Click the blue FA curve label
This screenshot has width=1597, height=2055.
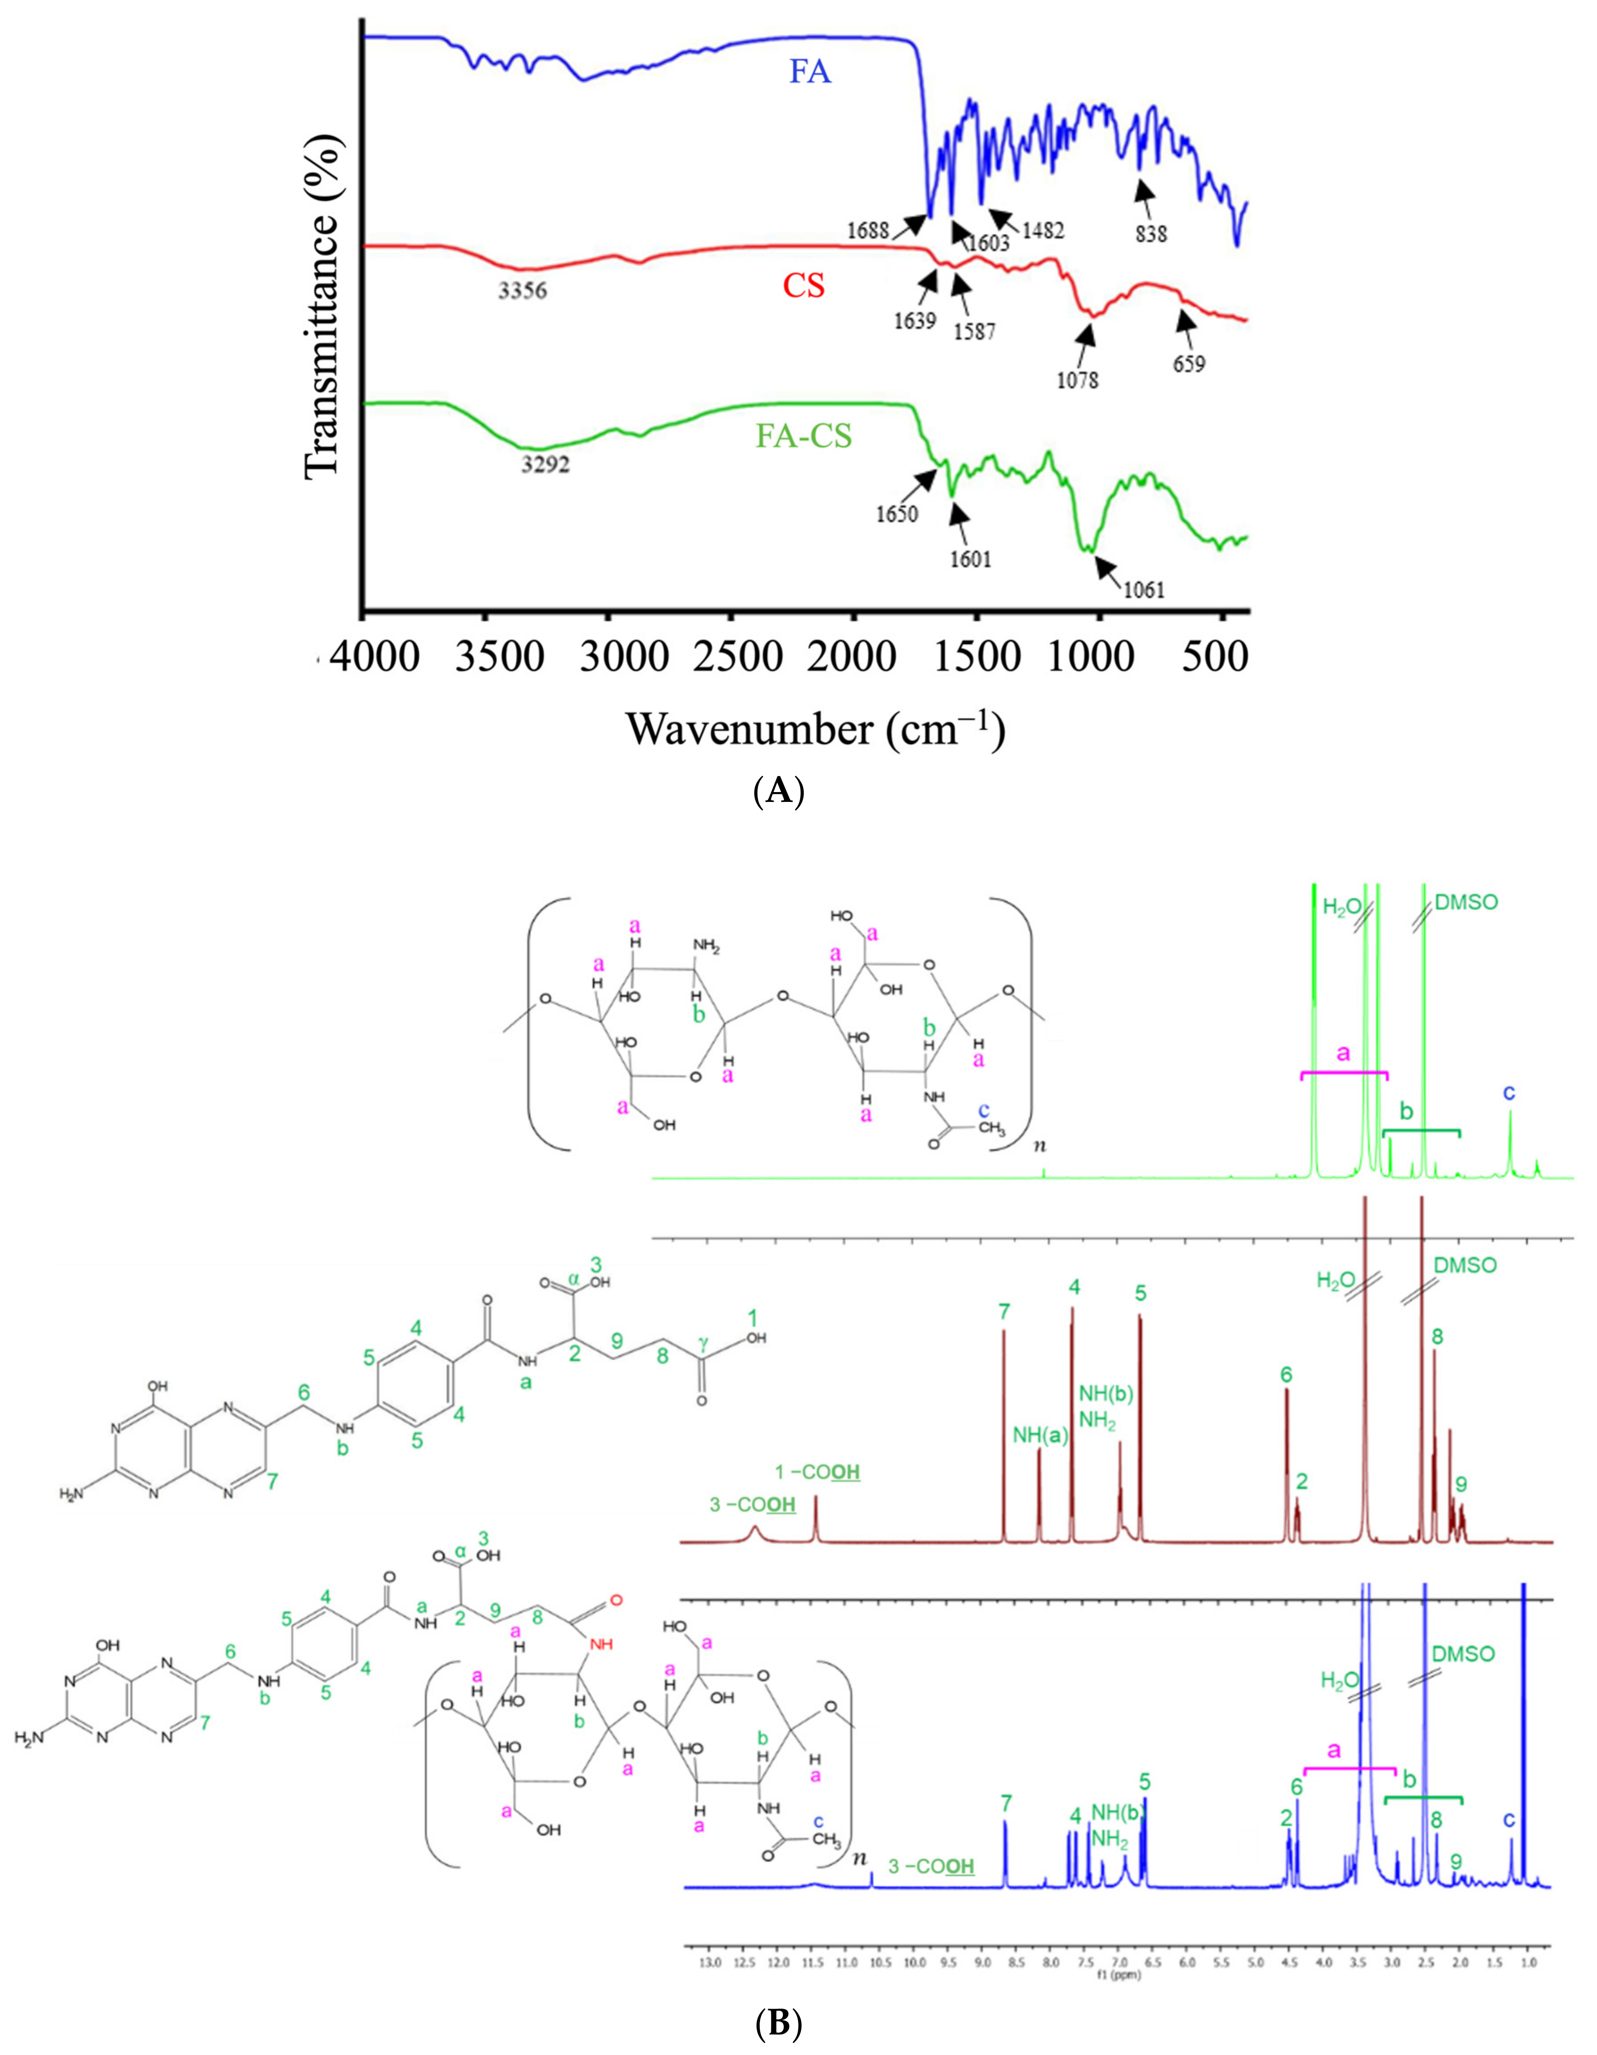810,71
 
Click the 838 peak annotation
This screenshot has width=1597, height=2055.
1151,233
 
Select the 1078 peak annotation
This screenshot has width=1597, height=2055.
1078,380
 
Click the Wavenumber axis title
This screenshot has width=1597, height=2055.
816,729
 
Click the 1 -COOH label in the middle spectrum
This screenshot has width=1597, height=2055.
816,1472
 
